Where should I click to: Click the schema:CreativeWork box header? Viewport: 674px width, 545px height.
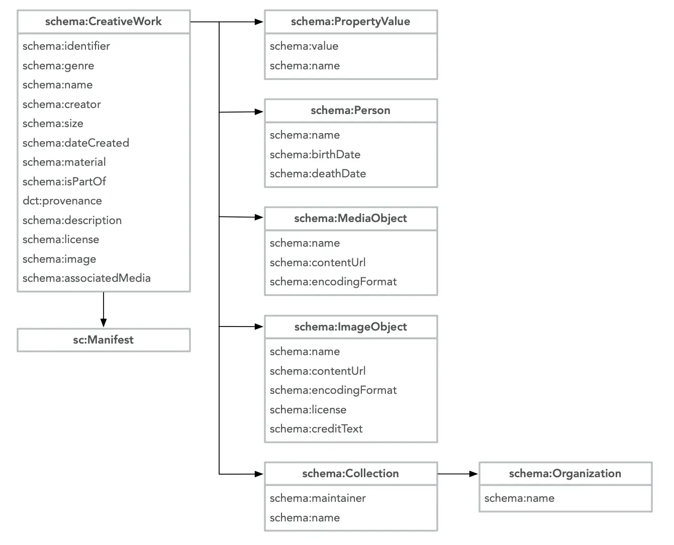[x=104, y=22]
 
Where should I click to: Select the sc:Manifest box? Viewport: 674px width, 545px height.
[x=104, y=340]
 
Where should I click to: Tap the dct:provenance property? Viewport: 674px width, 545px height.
[x=62, y=201]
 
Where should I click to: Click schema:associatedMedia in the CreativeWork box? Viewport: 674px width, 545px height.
[x=86, y=278]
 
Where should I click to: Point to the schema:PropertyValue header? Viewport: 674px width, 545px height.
[x=350, y=22]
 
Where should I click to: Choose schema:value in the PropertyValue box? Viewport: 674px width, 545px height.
[x=304, y=46]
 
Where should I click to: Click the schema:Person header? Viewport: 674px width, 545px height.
[x=350, y=111]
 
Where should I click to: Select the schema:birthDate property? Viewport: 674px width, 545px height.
[x=315, y=155]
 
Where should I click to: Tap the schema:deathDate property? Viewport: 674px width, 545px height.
[x=318, y=174]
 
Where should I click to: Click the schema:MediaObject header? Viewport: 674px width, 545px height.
[x=350, y=219]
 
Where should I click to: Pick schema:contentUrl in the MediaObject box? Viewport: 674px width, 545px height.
[x=318, y=263]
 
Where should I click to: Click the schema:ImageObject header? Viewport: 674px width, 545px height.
[x=350, y=327]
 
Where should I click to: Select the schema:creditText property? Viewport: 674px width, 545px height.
[x=316, y=429]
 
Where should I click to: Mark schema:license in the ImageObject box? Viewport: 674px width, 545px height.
[x=308, y=410]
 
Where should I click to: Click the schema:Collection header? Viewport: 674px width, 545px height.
[x=350, y=474]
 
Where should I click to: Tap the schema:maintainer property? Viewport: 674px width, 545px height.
[x=318, y=498]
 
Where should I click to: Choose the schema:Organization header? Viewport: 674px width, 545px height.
[x=565, y=474]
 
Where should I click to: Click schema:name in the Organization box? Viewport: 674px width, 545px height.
[x=519, y=498]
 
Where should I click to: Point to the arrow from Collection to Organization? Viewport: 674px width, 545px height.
[x=457, y=474]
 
